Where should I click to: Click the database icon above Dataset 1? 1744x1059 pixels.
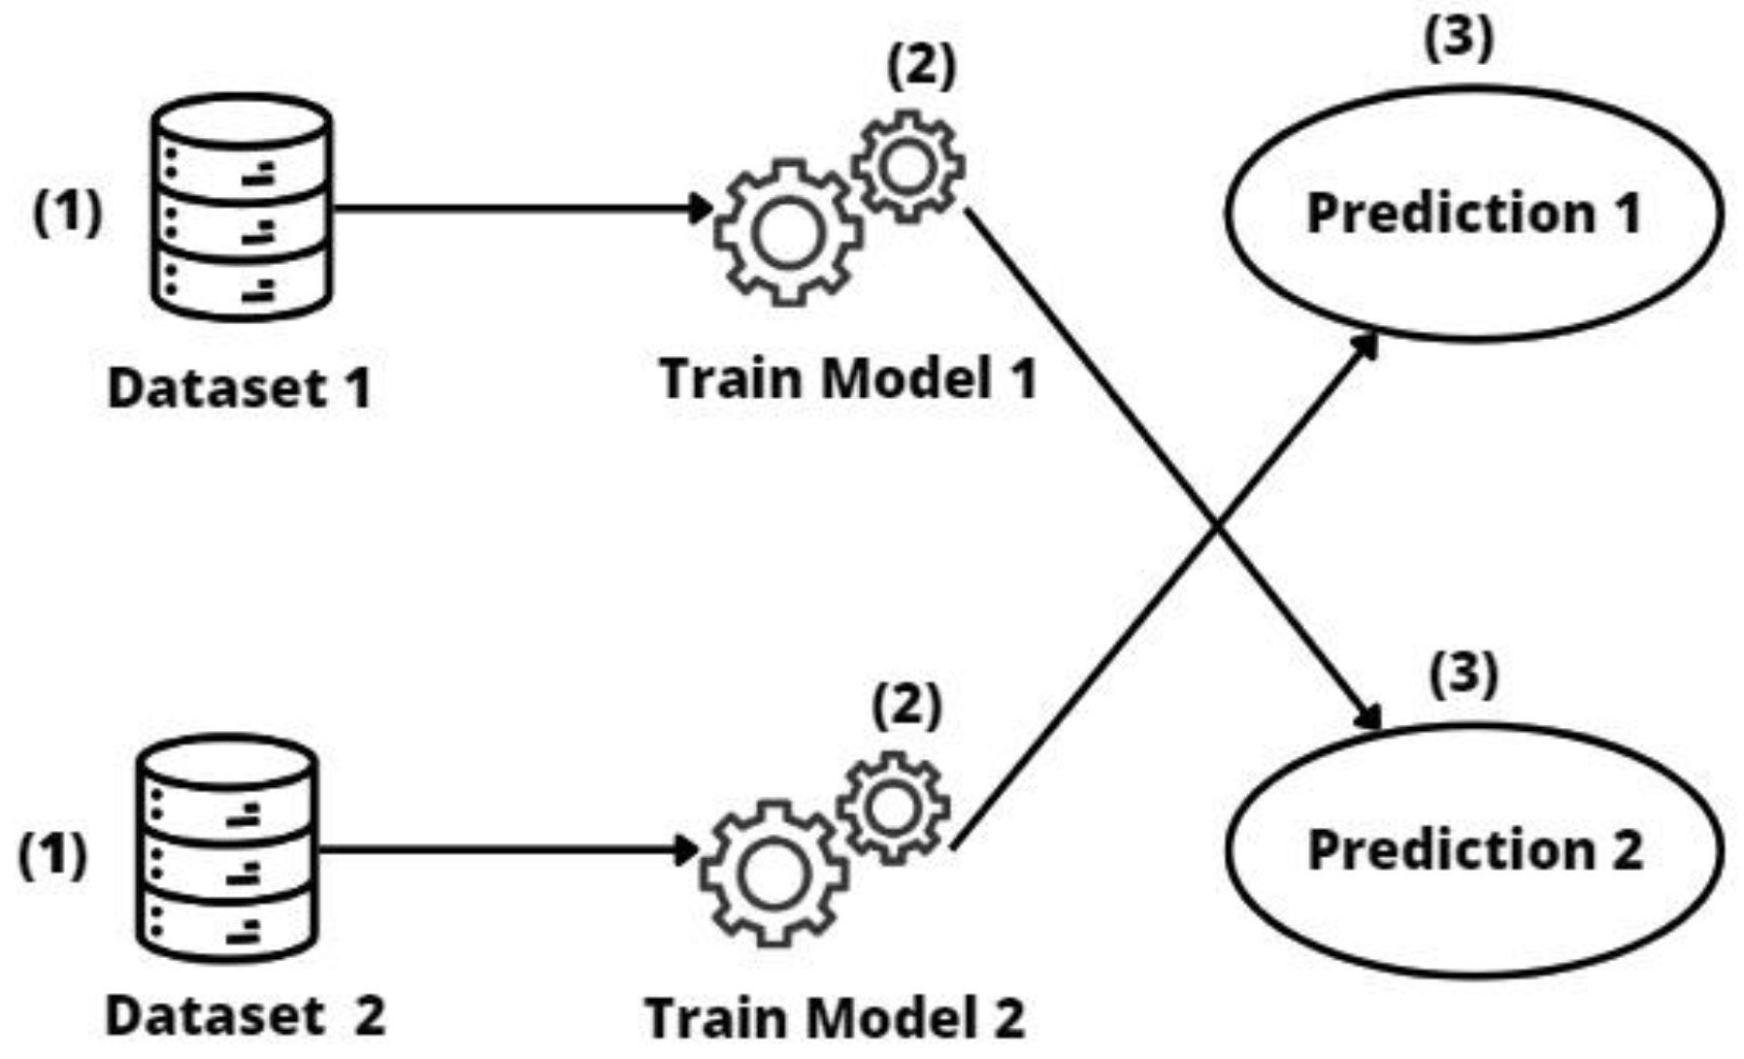coord(242,208)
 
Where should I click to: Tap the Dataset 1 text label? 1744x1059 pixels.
coord(239,388)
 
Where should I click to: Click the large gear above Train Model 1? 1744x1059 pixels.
coord(787,233)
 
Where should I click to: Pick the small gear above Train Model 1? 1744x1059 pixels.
coord(908,166)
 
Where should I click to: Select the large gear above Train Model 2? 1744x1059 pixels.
coord(773,874)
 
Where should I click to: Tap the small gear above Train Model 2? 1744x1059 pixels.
coord(894,808)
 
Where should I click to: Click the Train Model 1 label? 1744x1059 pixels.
coord(848,378)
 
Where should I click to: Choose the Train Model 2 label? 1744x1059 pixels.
coord(835,1018)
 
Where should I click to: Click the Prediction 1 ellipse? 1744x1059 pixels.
coord(1473,214)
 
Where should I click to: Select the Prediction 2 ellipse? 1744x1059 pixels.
coord(1473,849)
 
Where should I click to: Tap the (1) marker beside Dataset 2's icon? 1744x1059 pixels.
coord(52,854)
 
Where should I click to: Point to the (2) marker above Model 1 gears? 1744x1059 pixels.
coord(921,66)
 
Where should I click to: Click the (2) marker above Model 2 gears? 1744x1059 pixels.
coord(906,705)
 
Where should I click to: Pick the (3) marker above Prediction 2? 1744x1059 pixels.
coord(1464,673)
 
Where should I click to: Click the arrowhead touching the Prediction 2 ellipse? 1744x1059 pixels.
coord(1368,718)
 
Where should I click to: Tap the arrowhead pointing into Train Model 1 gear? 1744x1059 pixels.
coord(701,208)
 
